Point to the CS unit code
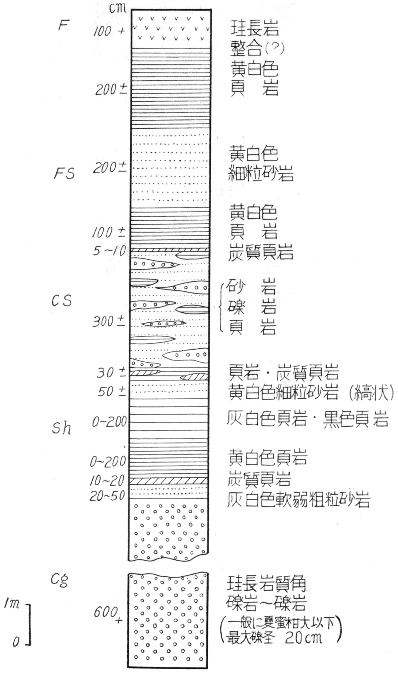(61, 301)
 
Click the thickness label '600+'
(108, 614)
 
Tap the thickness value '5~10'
(109, 251)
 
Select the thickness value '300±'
(108, 322)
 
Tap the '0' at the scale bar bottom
(16, 642)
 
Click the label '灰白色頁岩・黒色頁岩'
(307, 420)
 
